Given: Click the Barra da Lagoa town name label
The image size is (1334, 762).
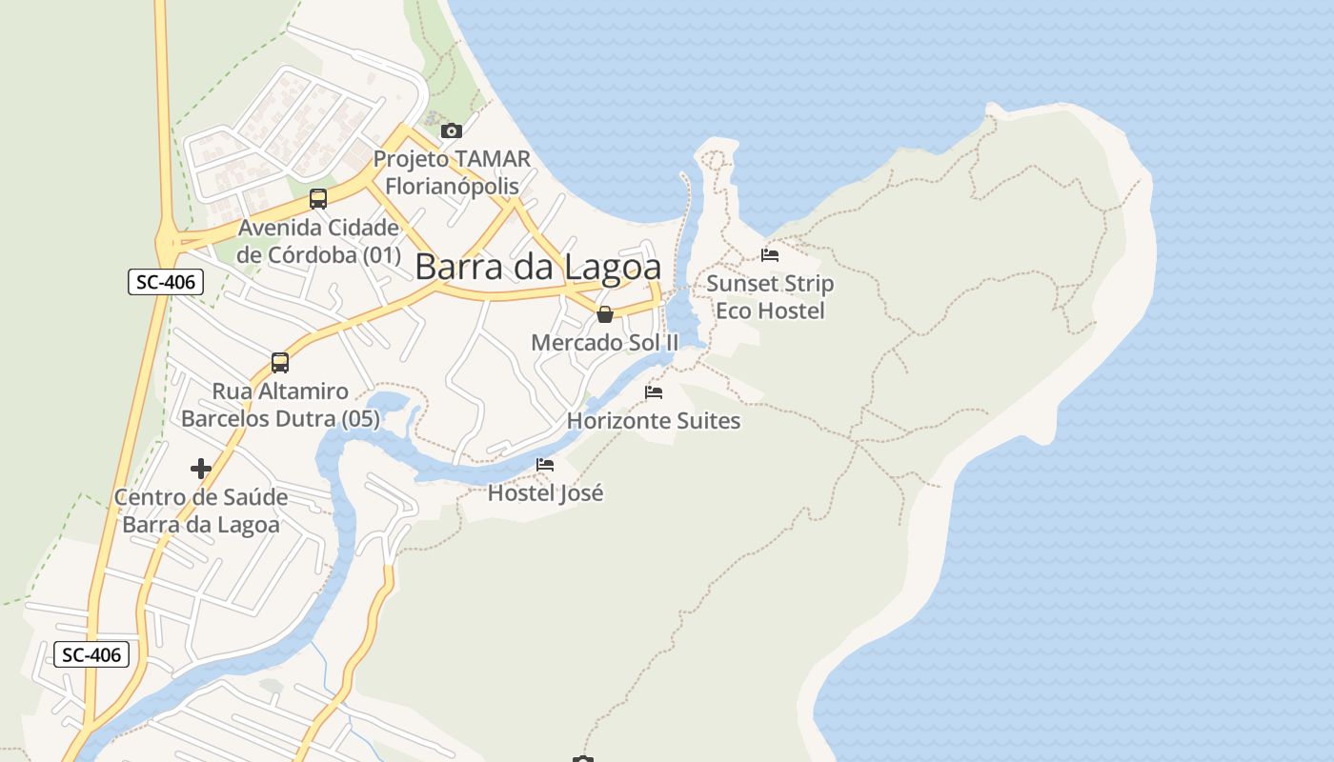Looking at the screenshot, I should pyautogui.click(x=538, y=267).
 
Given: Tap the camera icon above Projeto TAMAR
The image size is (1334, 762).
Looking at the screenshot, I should pyautogui.click(x=452, y=131).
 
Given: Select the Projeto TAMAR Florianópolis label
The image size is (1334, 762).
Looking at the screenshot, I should pyautogui.click(x=452, y=172).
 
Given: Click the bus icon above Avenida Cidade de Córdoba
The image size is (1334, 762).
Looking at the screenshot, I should pyautogui.click(x=318, y=199).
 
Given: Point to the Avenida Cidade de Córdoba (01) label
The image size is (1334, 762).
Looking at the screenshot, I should pyautogui.click(x=318, y=241).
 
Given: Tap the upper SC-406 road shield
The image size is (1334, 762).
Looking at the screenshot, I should pyautogui.click(x=166, y=282).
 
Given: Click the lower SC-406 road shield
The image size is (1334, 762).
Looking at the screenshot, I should pyautogui.click(x=91, y=654).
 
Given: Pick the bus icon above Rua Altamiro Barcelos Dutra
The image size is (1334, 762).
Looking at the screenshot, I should pyautogui.click(x=279, y=363).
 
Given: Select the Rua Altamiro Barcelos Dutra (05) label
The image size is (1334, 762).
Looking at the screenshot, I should pyautogui.click(x=280, y=405).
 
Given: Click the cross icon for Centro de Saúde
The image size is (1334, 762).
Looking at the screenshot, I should pyautogui.click(x=201, y=469).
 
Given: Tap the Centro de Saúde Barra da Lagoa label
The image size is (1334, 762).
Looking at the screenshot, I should pyautogui.click(x=201, y=511).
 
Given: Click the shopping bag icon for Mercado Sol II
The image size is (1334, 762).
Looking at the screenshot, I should pyautogui.click(x=605, y=314).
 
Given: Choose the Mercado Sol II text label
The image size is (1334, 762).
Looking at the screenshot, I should pyautogui.click(x=605, y=342).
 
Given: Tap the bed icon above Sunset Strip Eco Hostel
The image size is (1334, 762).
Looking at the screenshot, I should pyautogui.click(x=770, y=255).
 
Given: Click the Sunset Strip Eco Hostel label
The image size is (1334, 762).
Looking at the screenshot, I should pyautogui.click(x=770, y=297).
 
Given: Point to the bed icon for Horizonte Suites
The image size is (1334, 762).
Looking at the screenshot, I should pyautogui.click(x=654, y=391).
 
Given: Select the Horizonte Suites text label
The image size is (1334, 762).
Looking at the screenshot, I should pyautogui.click(x=654, y=420).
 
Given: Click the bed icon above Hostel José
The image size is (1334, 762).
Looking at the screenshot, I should pyautogui.click(x=545, y=465).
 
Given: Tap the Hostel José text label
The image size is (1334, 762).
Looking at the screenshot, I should pyautogui.click(x=545, y=493).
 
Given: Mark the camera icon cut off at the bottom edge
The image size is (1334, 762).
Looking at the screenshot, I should pyautogui.click(x=583, y=758).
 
